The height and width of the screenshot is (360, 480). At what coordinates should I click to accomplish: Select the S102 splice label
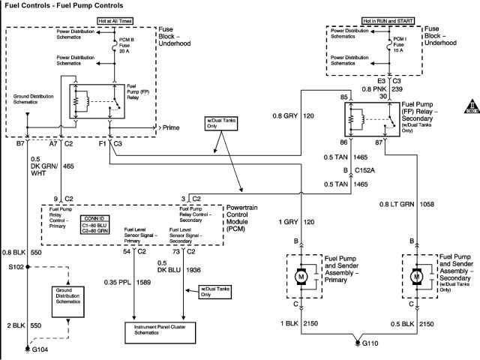(x=16, y=266)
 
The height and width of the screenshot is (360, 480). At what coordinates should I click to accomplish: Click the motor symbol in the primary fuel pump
(x=302, y=276)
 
